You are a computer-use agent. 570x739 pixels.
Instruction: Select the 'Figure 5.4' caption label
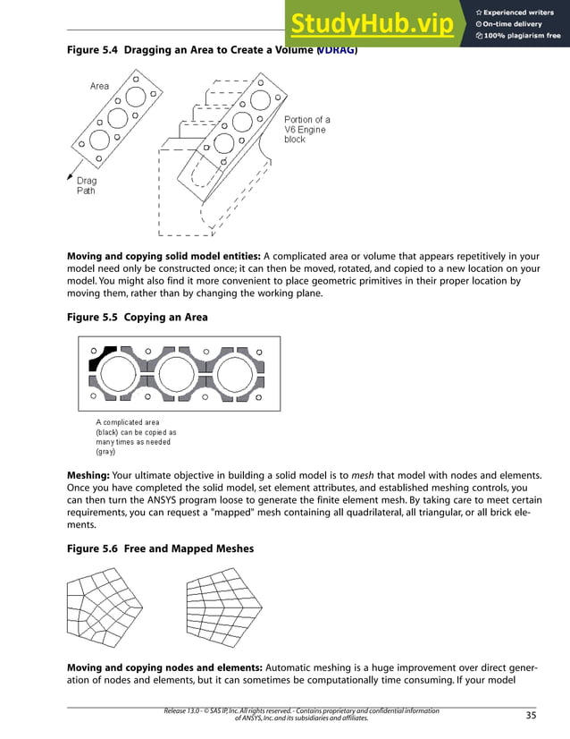(x=93, y=52)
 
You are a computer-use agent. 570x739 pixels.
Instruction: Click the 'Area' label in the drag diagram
(x=99, y=86)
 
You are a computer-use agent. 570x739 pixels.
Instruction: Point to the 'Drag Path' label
(x=86, y=185)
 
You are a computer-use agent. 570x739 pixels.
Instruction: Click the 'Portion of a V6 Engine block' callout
(x=306, y=130)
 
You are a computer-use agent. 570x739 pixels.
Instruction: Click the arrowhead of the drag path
(x=71, y=178)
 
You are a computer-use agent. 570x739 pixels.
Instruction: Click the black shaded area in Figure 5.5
(x=100, y=359)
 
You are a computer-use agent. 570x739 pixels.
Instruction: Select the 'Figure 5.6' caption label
(x=93, y=548)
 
